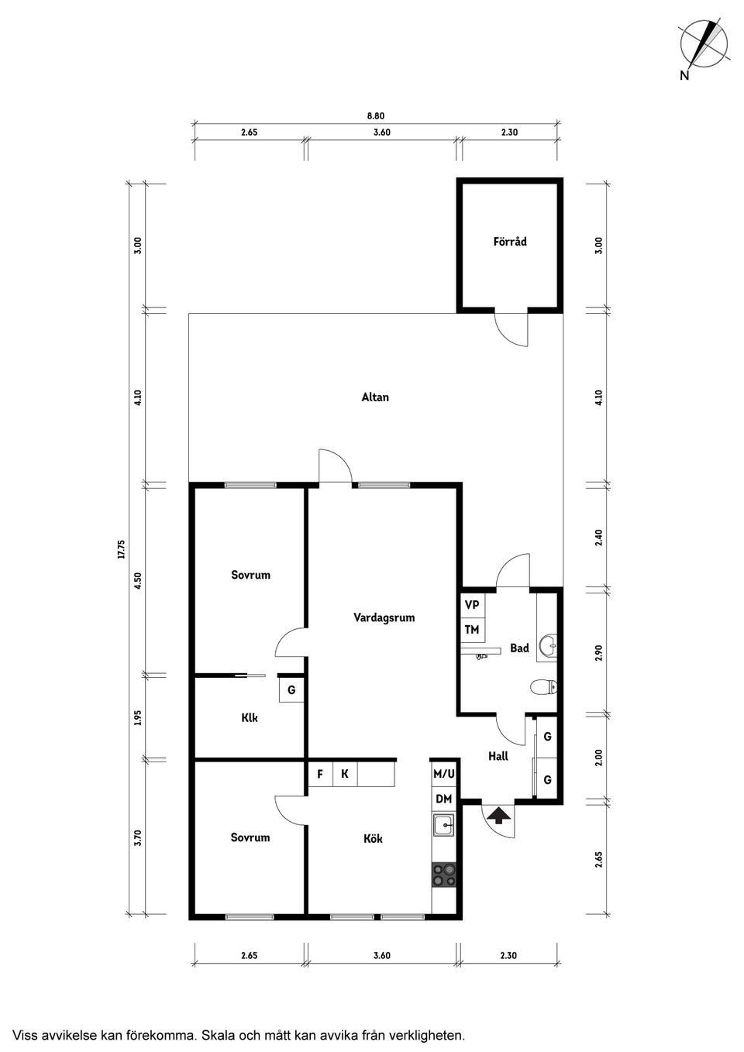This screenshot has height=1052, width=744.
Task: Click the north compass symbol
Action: [x=703, y=44]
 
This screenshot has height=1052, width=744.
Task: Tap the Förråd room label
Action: [x=509, y=242]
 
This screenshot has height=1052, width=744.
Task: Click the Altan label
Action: [x=375, y=397]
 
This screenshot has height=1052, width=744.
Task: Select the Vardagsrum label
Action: [x=384, y=618]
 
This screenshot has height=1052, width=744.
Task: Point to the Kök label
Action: [x=373, y=838]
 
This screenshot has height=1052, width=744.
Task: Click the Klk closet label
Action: [x=250, y=718]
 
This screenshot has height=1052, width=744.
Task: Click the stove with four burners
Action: [x=444, y=875]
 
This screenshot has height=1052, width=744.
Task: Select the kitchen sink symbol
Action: [x=444, y=825]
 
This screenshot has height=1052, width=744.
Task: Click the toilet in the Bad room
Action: [x=544, y=686]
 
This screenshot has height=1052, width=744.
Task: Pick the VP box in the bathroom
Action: [x=472, y=605]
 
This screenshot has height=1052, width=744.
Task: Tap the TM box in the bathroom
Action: [x=472, y=630]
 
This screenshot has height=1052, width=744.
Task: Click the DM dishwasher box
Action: [x=443, y=799]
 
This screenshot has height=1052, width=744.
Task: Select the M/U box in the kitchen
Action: [x=444, y=773]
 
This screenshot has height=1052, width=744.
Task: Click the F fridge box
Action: [x=320, y=774]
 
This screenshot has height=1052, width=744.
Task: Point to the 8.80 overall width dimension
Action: [x=375, y=116]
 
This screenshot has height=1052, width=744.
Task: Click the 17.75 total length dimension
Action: [x=121, y=550]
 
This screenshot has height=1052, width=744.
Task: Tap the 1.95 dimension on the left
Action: [x=138, y=718]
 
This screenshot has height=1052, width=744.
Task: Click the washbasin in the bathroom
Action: [x=549, y=642]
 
